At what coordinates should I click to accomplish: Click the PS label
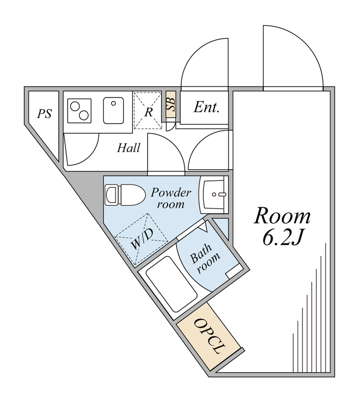pyautogui.click(x=45, y=114)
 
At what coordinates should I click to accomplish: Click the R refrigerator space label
pyautogui.click(x=149, y=111)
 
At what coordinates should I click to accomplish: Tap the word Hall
pyautogui.click(x=129, y=148)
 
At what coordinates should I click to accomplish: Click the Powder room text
pyautogui.click(x=171, y=198)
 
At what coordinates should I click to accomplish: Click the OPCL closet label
pyautogui.click(x=210, y=336)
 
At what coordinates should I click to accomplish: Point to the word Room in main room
pyautogui.click(x=282, y=217)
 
